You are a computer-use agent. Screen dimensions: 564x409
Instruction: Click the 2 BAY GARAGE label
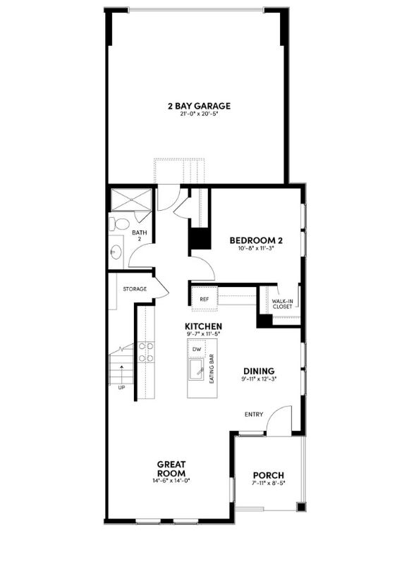(199, 106)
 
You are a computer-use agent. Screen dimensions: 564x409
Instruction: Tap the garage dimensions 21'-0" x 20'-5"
(199, 114)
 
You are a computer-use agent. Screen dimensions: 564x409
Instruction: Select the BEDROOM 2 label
(251, 240)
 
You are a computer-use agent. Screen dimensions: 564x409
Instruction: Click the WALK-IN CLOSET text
(283, 304)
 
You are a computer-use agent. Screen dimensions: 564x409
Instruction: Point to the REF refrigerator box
(204, 299)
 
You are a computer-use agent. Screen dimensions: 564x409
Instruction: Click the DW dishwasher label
(197, 349)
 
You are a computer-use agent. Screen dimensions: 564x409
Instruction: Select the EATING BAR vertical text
(212, 371)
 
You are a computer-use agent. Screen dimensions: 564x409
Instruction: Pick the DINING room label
(259, 371)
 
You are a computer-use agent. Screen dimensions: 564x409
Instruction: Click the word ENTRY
(254, 414)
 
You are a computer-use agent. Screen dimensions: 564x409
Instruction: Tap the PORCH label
(268, 474)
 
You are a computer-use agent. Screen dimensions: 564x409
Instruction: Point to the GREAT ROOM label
(171, 468)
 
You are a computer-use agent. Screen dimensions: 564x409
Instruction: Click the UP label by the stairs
(121, 387)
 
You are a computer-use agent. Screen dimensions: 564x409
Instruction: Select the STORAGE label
(135, 289)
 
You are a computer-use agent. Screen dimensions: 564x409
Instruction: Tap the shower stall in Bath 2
(131, 200)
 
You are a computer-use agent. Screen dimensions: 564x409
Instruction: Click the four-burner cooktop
(146, 352)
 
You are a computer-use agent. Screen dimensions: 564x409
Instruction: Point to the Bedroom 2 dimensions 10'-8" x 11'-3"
(251, 248)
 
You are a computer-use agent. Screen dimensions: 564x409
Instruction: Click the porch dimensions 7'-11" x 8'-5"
(268, 483)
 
